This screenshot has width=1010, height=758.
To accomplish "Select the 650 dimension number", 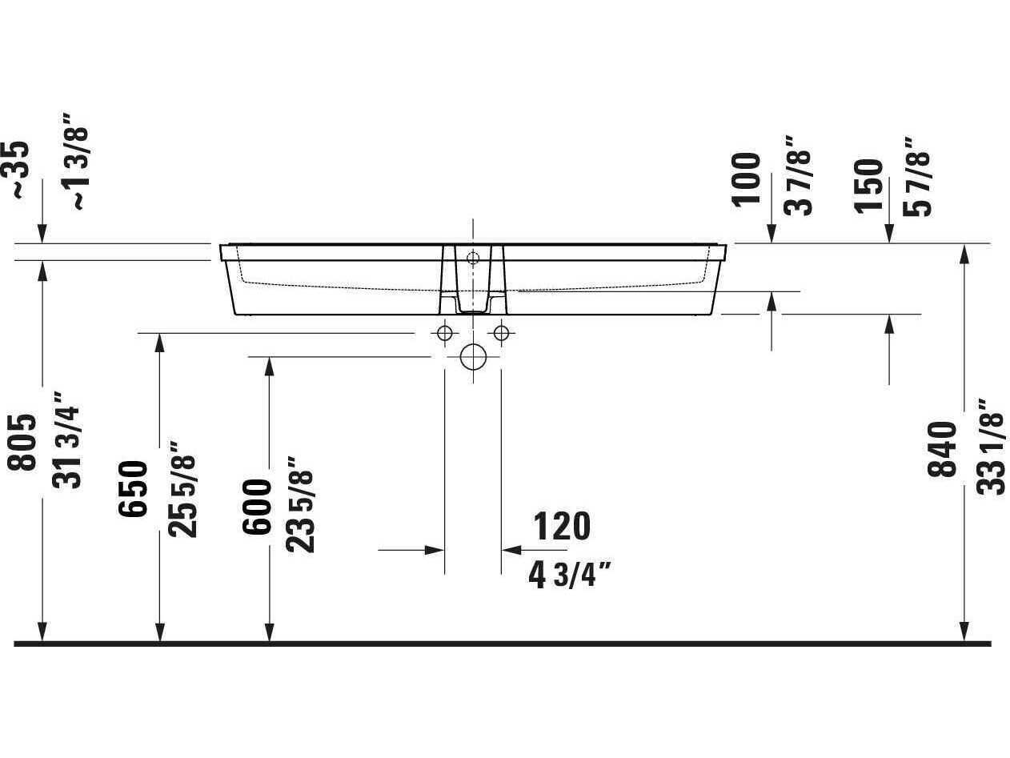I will (134, 488).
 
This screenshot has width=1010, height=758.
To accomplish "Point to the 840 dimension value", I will (943, 449).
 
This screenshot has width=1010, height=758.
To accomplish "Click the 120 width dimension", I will (562, 526).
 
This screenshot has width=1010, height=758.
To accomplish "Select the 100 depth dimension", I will (747, 178).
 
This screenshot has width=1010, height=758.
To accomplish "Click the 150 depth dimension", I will (869, 186).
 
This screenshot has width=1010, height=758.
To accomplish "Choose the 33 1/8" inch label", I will (992, 446).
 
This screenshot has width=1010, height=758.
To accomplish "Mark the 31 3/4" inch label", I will (67, 439).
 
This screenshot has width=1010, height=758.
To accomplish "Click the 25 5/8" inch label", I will (182, 488).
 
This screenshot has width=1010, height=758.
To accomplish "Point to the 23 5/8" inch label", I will (301, 504).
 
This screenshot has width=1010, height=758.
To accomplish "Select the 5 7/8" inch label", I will (917, 177).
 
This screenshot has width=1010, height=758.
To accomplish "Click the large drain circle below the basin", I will (473, 357).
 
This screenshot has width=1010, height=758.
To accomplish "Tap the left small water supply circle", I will (446, 332).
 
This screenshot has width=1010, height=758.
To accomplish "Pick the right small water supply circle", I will (501, 332).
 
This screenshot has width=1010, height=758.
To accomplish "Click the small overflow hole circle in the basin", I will (473, 258).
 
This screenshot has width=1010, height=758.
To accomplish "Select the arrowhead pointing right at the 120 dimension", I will (434, 550).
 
